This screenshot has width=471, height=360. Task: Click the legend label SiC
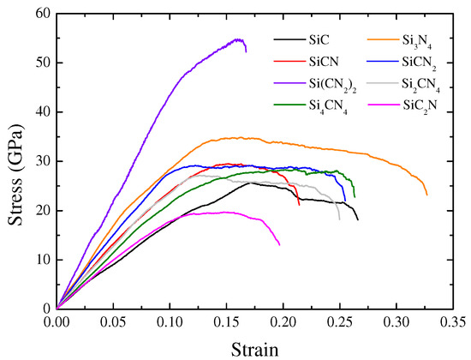[x=319, y=39]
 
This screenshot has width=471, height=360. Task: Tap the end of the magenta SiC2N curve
[x=280, y=245]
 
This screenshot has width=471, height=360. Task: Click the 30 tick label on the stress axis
[x=39, y=161]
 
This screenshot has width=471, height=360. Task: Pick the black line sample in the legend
[x=289, y=39]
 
